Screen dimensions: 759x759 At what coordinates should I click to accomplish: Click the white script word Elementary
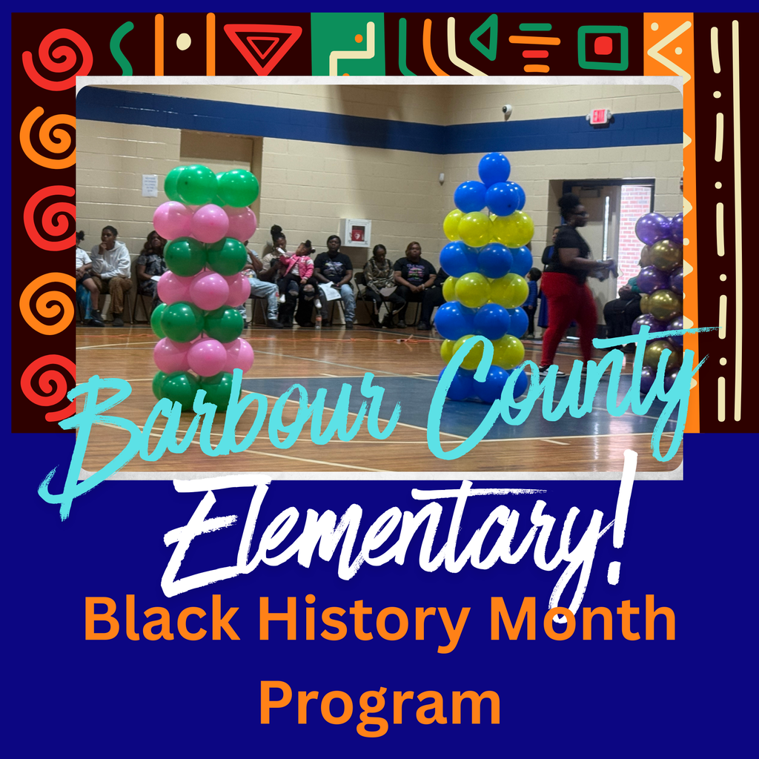[393, 534]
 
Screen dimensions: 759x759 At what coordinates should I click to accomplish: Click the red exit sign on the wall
[598, 116]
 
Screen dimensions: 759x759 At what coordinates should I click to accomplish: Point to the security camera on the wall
[507, 110]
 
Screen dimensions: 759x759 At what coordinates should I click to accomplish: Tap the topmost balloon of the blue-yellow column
[494, 168]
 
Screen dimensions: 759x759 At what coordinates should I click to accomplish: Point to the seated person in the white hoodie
[111, 271]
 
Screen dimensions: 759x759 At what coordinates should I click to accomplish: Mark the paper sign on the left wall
[150, 185]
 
